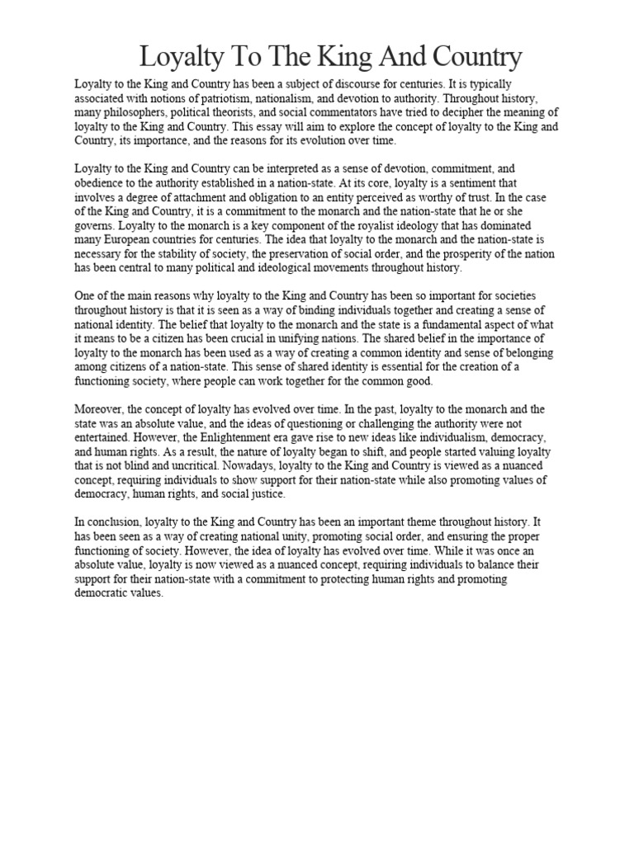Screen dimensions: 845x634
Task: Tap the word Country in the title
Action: click(471, 58)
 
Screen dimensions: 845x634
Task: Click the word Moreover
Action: click(102, 408)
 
